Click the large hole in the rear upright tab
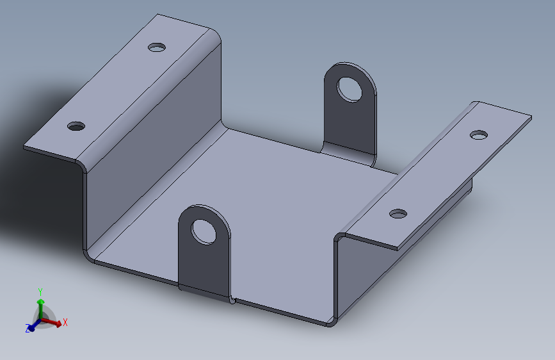tap(350, 88)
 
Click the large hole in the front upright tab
tap(204, 231)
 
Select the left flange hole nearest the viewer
tap(76, 126)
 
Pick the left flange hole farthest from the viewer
tap(156, 47)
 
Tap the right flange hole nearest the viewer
tap(398, 213)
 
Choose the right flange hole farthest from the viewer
tap(478, 135)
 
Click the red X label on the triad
tap(65, 322)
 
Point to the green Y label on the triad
tap(40, 291)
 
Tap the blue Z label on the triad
tap(28, 329)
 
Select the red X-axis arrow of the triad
tap(54, 323)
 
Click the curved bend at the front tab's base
tap(204, 293)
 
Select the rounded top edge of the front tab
tap(204, 208)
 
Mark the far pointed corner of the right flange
tap(531, 117)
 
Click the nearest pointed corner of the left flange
tap(25, 147)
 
